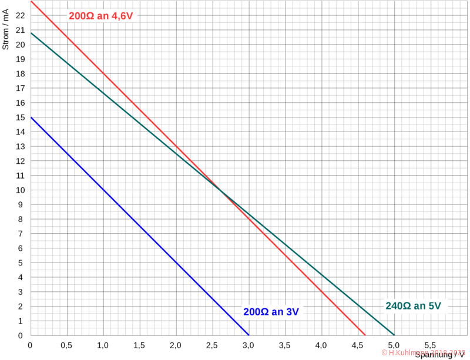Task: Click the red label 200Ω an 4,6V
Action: tap(103, 16)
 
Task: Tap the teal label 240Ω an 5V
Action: tap(416, 305)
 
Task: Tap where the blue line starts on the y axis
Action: tap(31, 117)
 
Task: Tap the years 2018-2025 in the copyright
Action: tap(446, 352)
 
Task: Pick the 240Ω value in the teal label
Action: tap(397, 305)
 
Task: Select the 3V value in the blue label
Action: tap(292, 312)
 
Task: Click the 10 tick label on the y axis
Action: tap(21, 190)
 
